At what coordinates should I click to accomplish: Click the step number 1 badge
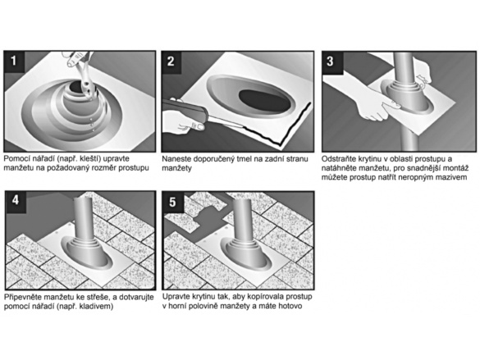pos(14,62)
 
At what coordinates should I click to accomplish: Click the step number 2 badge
pos(171,62)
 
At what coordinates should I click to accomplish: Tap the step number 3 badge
pos(331,62)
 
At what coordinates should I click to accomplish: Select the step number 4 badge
pos(16,201)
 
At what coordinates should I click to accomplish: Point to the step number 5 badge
pos(172,202)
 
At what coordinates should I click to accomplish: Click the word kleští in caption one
pos(92,159)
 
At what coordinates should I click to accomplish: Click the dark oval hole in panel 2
pos(264,102)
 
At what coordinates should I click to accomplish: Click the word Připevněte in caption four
pos(23,298)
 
